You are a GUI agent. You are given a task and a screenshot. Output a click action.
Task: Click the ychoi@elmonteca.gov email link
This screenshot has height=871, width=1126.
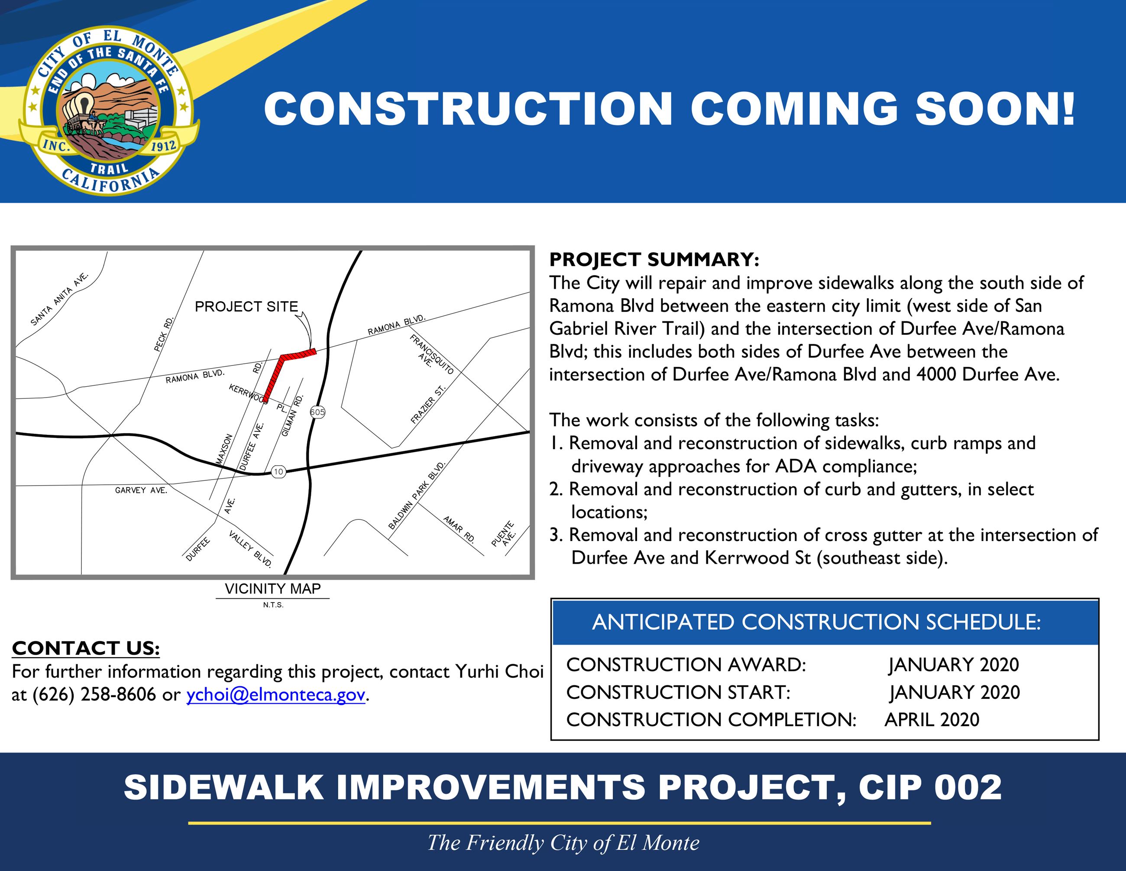[x=276, y=695]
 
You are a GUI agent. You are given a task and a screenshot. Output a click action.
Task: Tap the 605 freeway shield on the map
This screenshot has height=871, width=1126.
[x=317, y=412]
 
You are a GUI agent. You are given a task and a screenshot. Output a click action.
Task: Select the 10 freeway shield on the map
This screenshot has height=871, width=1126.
[x=278, y=471]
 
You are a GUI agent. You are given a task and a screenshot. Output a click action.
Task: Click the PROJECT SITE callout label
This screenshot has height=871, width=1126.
[x=246, y=307]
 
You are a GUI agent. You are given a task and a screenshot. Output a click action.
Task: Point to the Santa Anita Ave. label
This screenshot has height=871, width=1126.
[x=60, y=299]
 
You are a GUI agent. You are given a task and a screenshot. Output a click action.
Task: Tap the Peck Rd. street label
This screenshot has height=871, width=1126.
[x=164, y=334]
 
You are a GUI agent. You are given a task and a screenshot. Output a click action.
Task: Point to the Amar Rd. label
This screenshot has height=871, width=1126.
[x=458, y=529]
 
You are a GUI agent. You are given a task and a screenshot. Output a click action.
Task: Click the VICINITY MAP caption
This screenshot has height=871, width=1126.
[x=273, y=588]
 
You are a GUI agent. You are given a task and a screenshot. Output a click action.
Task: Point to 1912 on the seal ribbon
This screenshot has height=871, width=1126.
[x=163, y=146]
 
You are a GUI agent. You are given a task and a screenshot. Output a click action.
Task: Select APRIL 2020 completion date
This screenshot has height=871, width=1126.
[x=932, y=719]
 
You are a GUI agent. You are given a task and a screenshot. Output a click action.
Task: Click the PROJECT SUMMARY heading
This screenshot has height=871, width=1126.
[x=654, y=259]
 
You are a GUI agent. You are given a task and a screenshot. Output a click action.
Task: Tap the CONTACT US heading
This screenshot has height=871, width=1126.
[x=86, y=648]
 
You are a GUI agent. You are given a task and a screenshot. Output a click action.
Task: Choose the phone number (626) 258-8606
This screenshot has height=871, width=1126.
[x=94, y=695]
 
